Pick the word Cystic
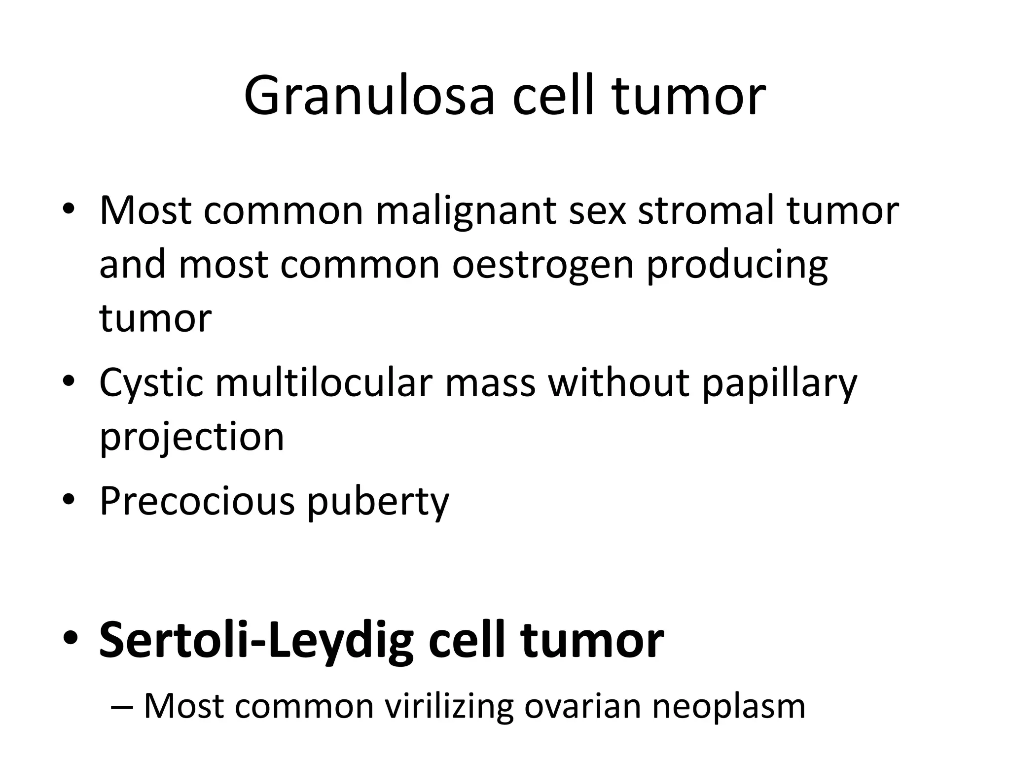click(x=151, y=383)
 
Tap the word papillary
click(x=780, y=383)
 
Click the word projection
click(x=192, y=438)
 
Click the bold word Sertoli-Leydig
click(x=256, y=641)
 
